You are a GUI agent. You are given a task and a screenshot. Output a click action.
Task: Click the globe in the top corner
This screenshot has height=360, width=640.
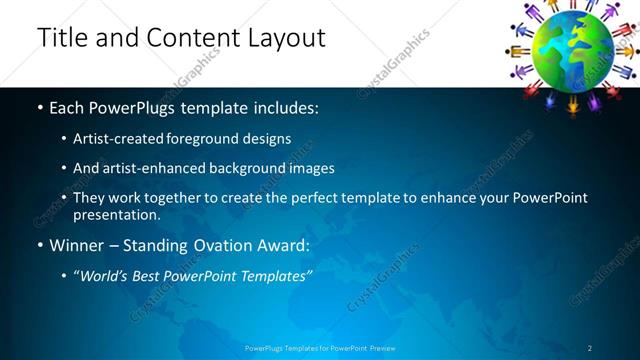pos(571,47)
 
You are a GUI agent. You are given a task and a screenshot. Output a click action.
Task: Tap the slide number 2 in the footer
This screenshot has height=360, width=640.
pos(589,348)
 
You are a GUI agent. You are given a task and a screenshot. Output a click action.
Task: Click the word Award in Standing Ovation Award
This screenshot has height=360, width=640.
pos(286,243)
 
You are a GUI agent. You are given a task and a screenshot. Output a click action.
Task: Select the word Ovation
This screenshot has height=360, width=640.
pos(224,243)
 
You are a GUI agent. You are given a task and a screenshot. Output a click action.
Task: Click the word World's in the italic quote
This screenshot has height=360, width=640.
pos(108,274)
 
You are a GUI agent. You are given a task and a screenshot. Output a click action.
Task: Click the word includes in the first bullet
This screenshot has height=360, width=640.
pos(289,107)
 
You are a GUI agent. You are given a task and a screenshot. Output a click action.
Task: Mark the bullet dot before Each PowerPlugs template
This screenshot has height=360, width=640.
pos(40,107)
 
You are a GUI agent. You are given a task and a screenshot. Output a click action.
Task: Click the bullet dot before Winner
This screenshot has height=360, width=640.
pos(40,243)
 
